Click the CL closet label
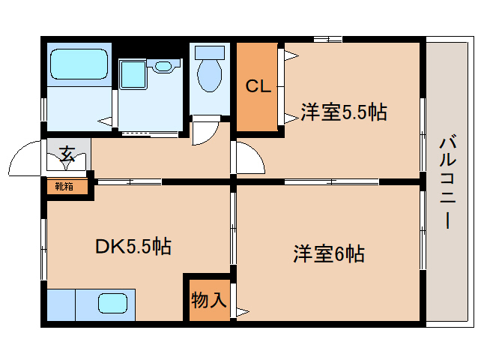(x=258, y=87)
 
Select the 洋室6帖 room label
(x=328, y=253)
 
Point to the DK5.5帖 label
(x=133, y=245)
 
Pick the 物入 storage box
(x=208, y=299)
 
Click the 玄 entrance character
(x=67, y=154)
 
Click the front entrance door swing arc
(x=24, y=157)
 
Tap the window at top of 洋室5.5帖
(x=327, y=39)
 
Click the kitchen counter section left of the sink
(x=61, y=304)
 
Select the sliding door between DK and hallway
(x=129, y=181)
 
